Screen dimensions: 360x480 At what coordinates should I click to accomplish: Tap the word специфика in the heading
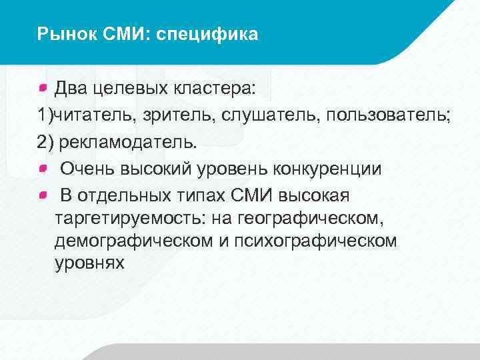pos(207,33)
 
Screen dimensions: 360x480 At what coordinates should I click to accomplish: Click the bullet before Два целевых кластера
pos(43,87)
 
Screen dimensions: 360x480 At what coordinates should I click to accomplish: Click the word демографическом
pos(134,241)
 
